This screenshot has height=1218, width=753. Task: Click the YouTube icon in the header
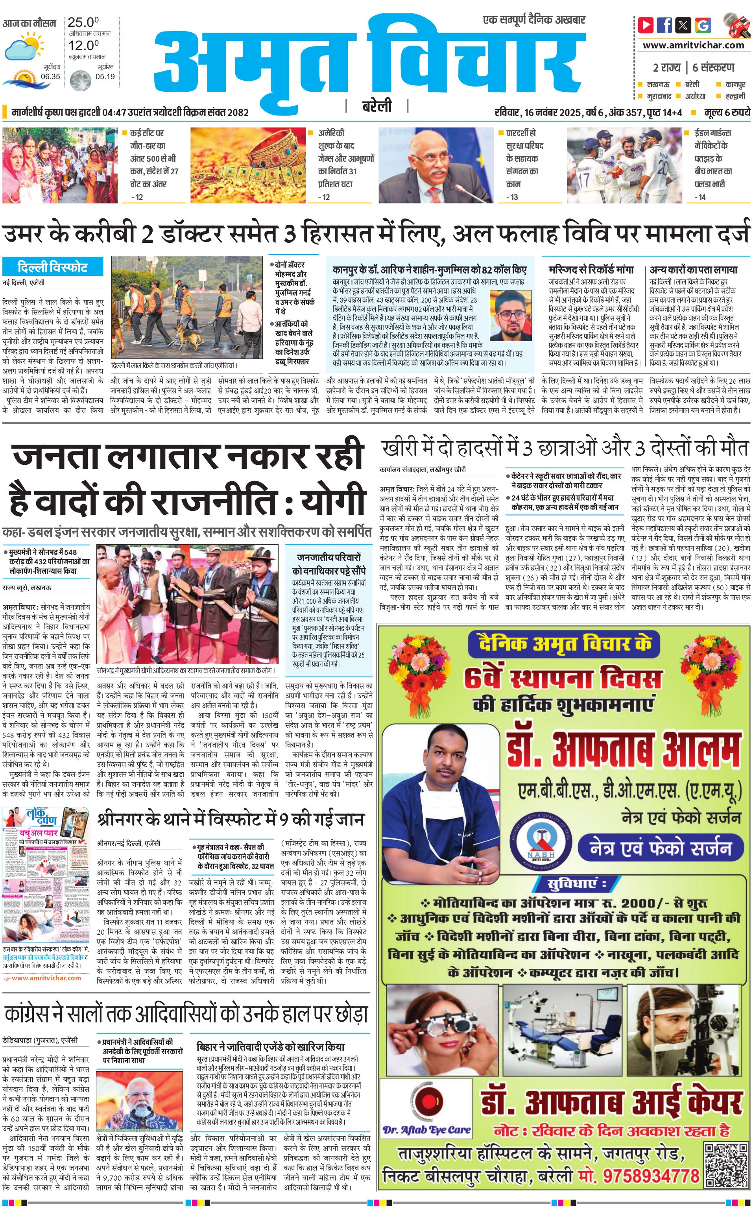646,24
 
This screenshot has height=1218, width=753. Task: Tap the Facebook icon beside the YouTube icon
664,24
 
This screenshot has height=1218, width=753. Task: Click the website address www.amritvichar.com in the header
693,45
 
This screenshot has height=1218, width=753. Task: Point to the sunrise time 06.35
50,76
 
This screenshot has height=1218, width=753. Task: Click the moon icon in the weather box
80,80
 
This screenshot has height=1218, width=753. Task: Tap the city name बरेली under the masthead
376,106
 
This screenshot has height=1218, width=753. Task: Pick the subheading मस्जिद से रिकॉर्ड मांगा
591,270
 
